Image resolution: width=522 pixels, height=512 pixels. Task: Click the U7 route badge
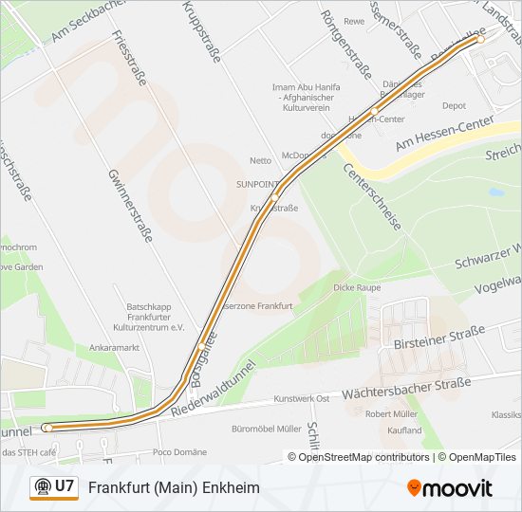coord(53,486)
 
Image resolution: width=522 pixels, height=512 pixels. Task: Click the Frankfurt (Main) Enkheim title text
coord(174,487)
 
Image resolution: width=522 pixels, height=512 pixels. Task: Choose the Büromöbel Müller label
coord(265,429)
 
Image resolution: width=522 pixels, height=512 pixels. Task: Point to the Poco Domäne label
coord(177,452)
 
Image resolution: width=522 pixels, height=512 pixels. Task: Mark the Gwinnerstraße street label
coord(130,205)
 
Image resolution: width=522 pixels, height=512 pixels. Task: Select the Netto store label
coord(260,160)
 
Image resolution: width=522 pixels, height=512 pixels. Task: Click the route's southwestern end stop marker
coord(47,428)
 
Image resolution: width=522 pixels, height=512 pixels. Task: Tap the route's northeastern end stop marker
coord(480,39)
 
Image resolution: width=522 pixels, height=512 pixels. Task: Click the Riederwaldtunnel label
coord(215,387)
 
